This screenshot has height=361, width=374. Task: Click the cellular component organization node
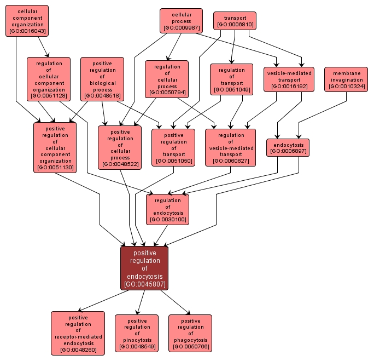click(x=27, y=21)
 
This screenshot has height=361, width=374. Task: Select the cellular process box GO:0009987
click(x=181, y=21)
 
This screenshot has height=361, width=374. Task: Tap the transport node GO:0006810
click(x=235, y=21)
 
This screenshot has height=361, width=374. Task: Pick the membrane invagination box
click(x=346, y=79)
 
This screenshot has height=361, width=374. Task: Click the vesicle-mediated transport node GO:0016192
click(x=289, y=79)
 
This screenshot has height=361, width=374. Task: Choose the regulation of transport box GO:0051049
click(x=231, y=79)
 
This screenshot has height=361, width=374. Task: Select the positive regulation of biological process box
click(x=102, y=79)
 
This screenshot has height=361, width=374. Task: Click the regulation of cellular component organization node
click(x=49, y=79)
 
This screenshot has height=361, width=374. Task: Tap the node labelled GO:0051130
click(x=55, y=147)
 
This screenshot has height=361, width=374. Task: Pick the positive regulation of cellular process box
click(x=120, y=147)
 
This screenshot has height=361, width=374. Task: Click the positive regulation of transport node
click(x=173, y=147)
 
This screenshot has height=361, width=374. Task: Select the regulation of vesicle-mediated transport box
click(x=231, y=147)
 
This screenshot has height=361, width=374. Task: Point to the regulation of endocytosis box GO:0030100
click(x=167, y=210)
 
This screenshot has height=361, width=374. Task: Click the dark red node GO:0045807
click(x=144, y=268)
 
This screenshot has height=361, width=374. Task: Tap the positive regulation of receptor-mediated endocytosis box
click(x=78, y=333)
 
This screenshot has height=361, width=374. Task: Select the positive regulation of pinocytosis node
click(x=137, y=333)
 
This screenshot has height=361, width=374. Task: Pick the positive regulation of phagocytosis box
click(x=190, y=333)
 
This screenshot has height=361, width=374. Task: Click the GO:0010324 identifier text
click(x=346, y=86)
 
